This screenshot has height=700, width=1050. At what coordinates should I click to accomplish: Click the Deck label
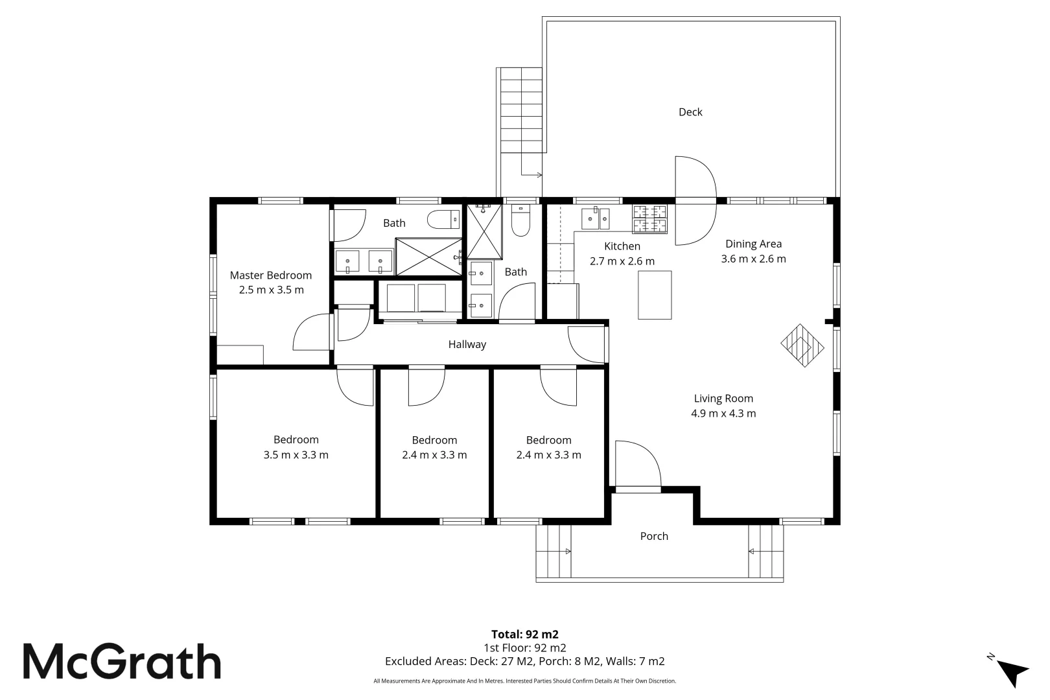(x=690, y=112)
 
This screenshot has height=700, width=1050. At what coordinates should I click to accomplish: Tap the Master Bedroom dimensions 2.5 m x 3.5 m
(x=271, y=290)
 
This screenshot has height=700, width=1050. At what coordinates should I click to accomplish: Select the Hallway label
(x=467, y=344)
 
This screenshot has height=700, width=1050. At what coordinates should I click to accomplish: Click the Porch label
(x=653, y=536)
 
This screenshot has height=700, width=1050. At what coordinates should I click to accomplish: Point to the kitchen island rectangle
(x=655, y=295)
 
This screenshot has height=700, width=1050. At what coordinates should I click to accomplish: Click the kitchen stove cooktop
(x=650, y=218)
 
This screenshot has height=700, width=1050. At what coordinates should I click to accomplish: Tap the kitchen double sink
(x=595, y=218)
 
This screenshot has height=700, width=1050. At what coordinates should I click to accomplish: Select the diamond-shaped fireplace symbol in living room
(x=802, y=345)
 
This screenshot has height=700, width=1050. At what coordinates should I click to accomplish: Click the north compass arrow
(x=1012, y=671)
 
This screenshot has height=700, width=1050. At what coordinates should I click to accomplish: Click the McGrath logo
(x=122, y=662)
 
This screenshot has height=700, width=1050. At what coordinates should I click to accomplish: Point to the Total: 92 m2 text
(x=524, y=634)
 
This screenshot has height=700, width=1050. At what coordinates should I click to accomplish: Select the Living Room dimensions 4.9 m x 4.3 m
(x=723, y=414)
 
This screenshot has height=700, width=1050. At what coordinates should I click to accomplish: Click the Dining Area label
(x=753, y=244)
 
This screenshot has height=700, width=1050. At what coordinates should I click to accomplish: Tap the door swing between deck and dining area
(x=696, y=201)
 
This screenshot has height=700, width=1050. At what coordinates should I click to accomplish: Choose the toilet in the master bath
(x=443, y=220)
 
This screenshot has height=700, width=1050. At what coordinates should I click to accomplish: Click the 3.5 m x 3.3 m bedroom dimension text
(x=296, y=455)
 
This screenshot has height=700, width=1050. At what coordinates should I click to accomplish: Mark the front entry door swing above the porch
(x=638, y=464)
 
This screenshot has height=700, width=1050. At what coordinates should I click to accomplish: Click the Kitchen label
(x=622, y=246)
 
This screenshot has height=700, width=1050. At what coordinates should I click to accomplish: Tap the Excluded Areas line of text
(x=524, y=661)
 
